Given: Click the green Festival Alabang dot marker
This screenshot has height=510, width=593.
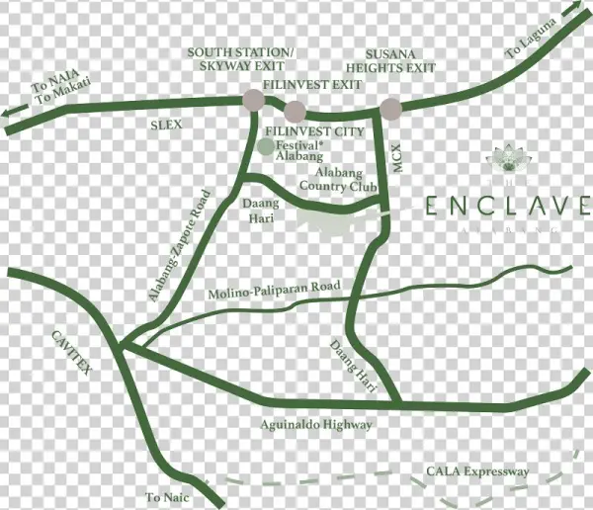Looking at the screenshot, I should point(265,146).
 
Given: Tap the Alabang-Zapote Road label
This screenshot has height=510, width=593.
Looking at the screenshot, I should point(182,246).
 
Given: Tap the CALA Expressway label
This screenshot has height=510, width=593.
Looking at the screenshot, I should point(474,471).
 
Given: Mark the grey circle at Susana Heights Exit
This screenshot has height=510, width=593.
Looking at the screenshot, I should point(391,108).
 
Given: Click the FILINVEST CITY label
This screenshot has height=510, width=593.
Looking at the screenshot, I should point(315,131).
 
